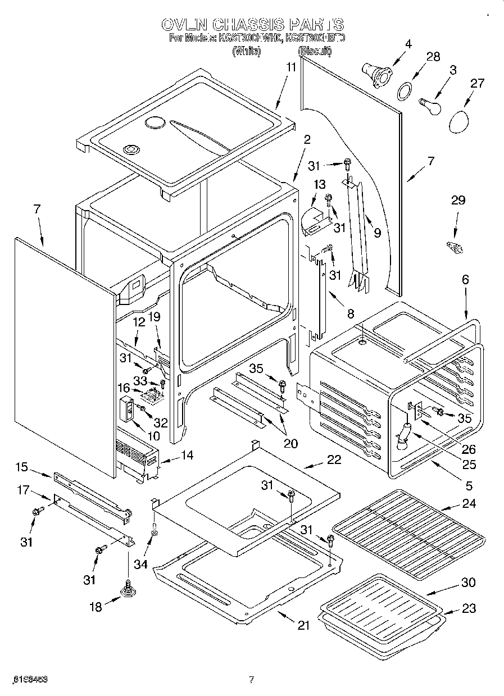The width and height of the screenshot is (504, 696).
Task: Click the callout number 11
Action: [x=290, y=66]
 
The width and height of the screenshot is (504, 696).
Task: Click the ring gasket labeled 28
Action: [x=405, y=90]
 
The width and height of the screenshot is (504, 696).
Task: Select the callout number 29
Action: [x=458, y=201]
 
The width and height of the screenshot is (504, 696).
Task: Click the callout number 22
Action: [x=334, y=459]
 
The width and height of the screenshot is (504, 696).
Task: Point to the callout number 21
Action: [x=304, y=625]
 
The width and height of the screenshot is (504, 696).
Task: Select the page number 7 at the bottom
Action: [x=252, y=679]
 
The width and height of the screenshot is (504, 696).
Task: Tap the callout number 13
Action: [x=319, y=184]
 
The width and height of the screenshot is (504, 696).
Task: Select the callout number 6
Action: [x=465, y=279]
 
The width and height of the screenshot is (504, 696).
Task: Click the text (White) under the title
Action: [x=247, y=51]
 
